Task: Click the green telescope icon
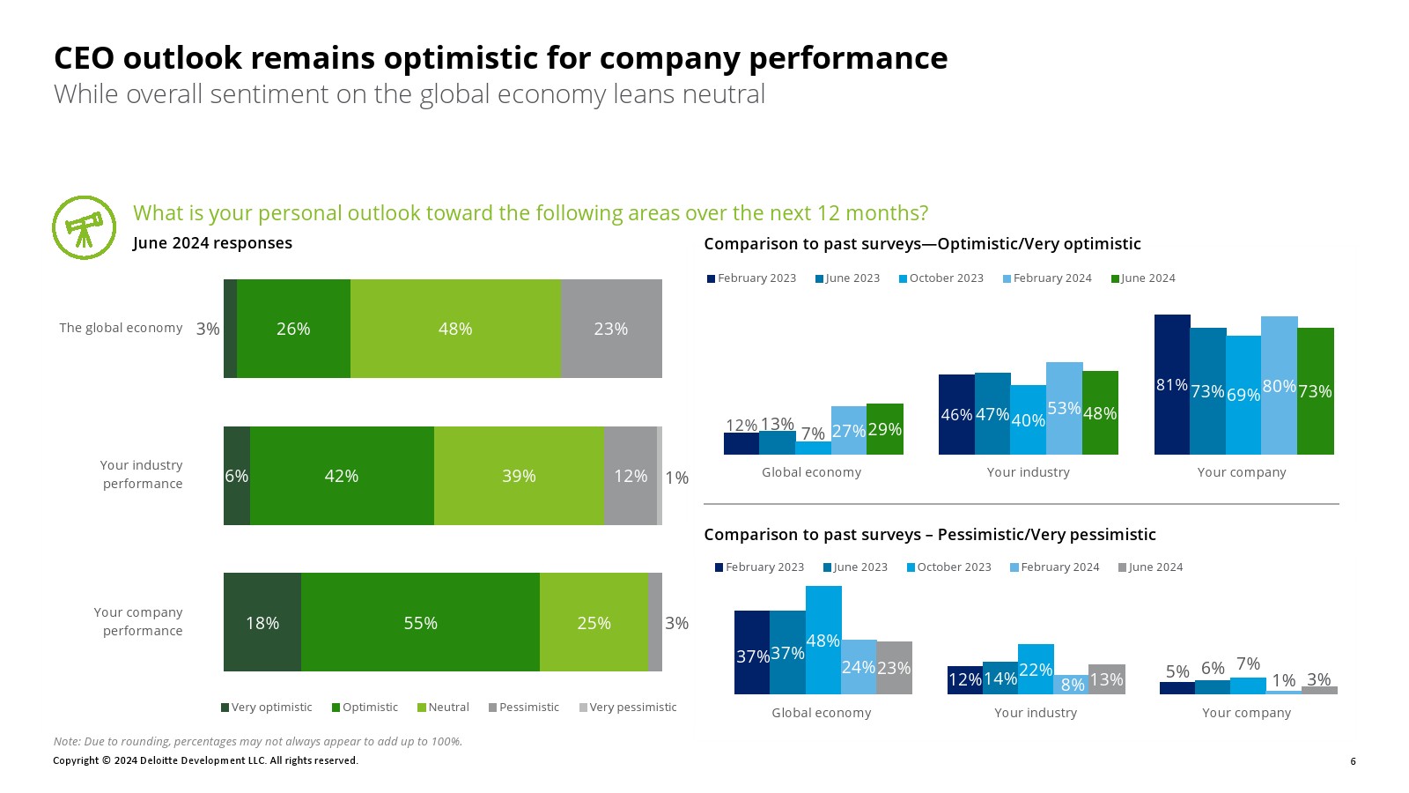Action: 85,227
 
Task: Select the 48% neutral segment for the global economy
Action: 455,329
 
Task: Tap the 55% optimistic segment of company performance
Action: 420,622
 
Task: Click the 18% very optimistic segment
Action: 262,622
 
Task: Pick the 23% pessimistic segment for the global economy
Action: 611,329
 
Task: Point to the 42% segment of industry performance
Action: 342,476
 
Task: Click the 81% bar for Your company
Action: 1172,384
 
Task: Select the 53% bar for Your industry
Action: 1064,408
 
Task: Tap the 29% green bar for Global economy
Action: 885,429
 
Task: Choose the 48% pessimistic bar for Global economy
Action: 823,640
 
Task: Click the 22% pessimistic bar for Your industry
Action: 1036,669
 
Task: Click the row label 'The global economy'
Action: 121,328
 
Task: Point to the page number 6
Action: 1353,761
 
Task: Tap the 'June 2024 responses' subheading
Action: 212,243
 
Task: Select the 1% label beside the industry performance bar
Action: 676,478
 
